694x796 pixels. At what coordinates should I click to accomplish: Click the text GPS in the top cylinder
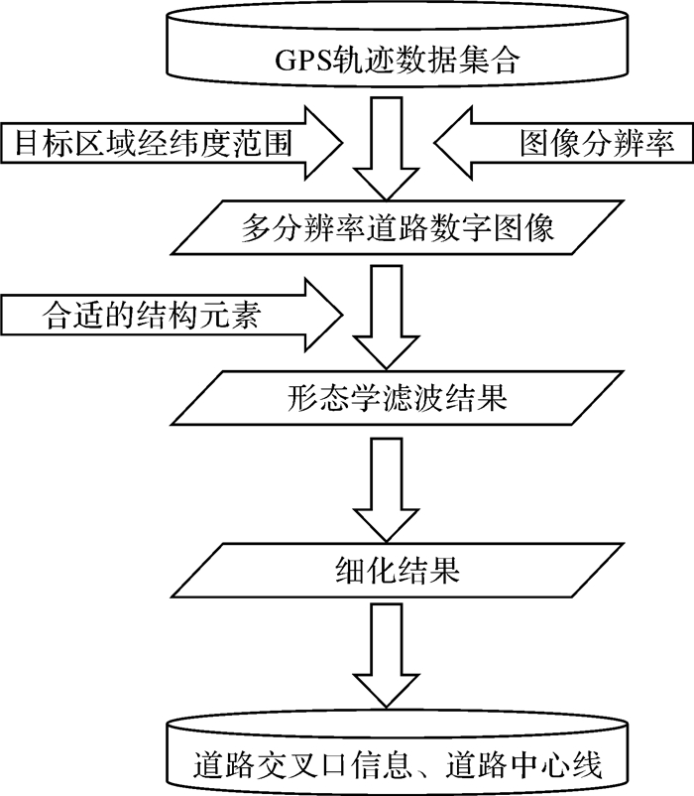coord(302,61)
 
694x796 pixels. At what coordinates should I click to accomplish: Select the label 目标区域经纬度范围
coord(154,143)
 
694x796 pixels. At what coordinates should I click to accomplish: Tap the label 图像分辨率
coord(597,143)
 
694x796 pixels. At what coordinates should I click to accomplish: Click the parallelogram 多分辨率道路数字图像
coord(397,227)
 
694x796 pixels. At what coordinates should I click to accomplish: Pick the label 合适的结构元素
coord(151,315)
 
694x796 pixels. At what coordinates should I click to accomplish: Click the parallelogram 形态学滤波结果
coord(397,398)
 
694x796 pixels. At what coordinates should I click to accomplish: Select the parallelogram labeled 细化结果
coord(397,570)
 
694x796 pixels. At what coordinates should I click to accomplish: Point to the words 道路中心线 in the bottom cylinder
coord(523,764)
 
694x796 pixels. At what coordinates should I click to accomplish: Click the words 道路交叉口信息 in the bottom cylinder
coord(301,764)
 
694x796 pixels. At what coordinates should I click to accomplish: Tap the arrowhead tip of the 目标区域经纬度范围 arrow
coord(343,143)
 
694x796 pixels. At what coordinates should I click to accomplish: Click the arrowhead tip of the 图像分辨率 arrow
coord(435,143)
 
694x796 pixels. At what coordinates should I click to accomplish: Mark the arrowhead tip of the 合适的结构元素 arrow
coord(343,315)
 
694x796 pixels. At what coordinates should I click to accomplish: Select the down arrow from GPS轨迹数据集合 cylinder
coord(387,148)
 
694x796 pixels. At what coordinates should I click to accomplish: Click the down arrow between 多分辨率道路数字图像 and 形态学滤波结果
coord(387,318)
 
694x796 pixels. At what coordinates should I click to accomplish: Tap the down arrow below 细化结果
coord(387,655)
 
